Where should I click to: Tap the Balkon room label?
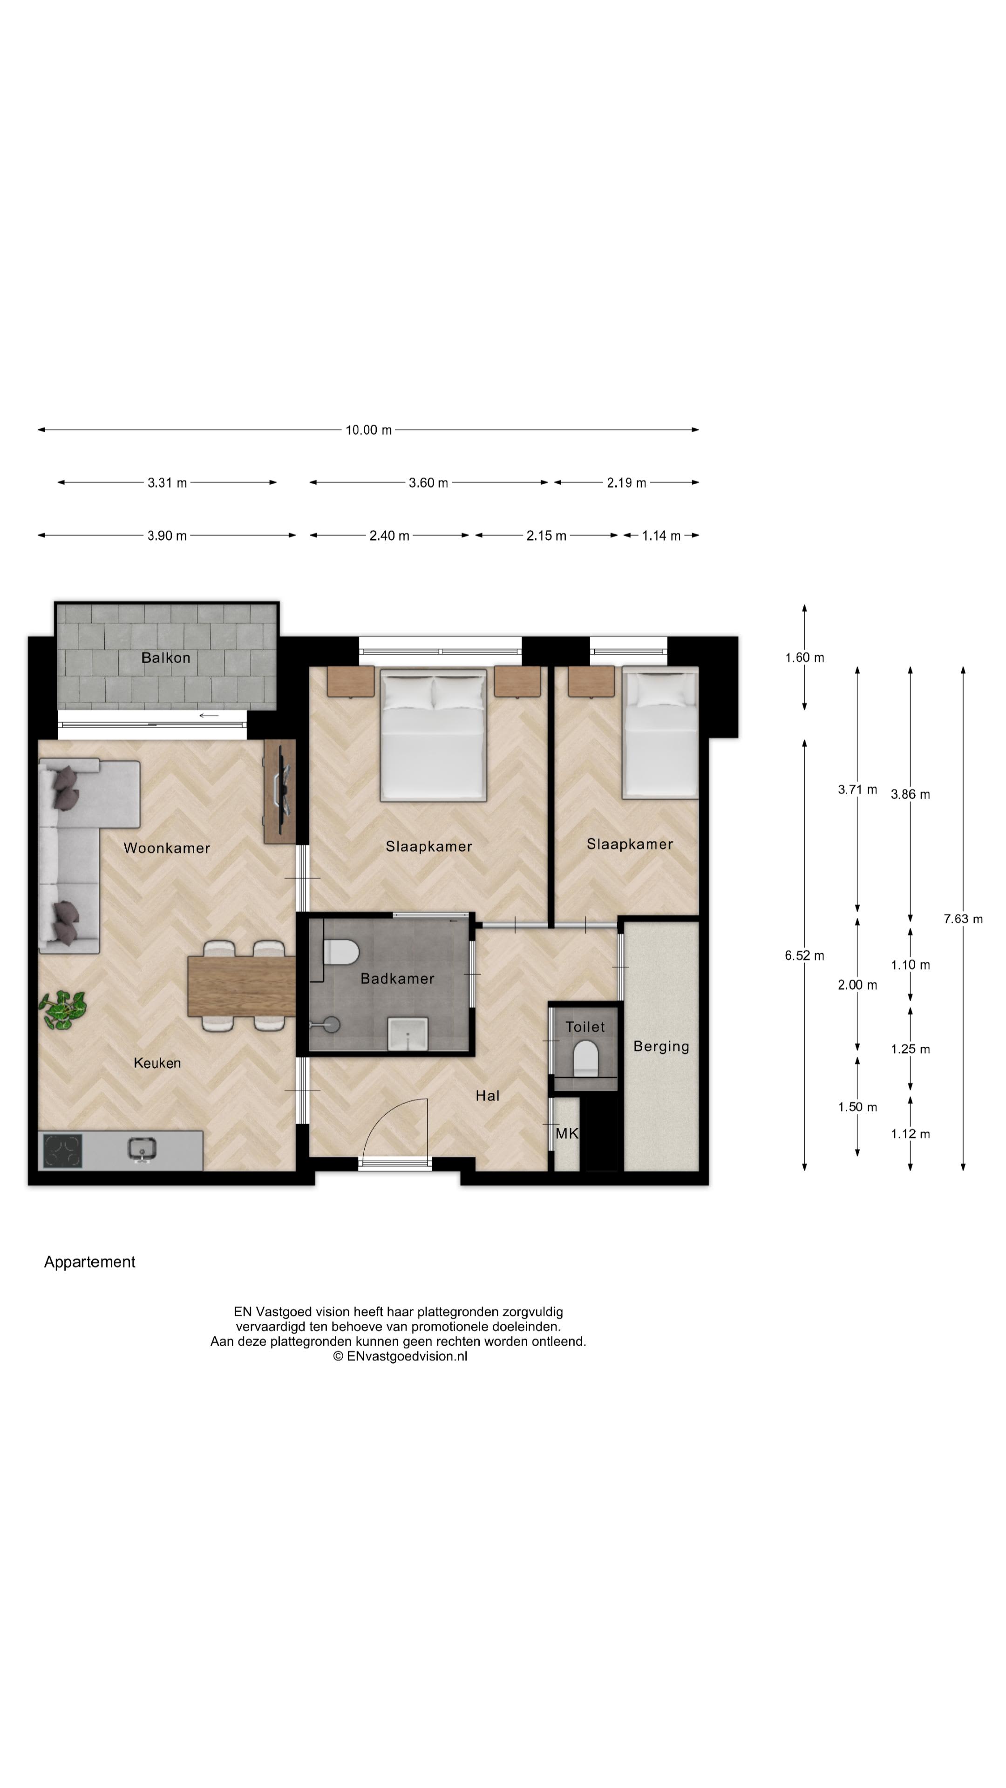coord(165,657)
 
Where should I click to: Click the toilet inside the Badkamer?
coord(340,952)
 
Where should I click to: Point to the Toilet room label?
coord(585,1027)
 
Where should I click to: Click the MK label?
coord(566,1133)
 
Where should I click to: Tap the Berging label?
coord(661,1046)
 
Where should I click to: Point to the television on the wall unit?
coord(283,791)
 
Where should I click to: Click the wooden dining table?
coord(242,986)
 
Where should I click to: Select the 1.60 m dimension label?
coord(804,657)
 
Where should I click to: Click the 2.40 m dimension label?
coord(389,535)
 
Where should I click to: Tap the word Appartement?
coord(89,1262)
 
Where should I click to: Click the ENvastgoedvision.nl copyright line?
coord(400,1355)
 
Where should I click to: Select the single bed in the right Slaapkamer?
coord(659,732)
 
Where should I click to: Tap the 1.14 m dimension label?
coord(660,535)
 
